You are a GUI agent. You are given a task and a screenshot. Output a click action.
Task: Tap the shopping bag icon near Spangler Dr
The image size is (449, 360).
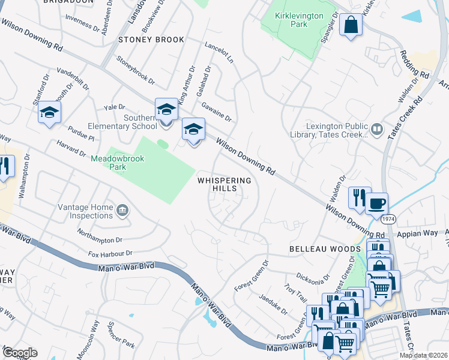(x=351, y=25)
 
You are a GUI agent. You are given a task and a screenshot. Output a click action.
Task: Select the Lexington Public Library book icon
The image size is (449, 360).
(x=376, y=128)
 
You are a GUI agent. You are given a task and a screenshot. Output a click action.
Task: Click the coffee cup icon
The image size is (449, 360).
(x=376, y=203)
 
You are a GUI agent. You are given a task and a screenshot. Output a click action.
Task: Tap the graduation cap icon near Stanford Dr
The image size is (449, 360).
(x=49, y=112)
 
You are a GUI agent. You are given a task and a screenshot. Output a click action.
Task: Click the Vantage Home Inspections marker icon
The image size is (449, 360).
(x=122, y=210)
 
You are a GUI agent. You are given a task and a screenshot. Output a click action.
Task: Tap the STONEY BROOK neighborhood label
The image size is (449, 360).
(x=142, y=40)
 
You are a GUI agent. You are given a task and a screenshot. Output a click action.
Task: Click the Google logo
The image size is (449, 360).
(x=20, y=352)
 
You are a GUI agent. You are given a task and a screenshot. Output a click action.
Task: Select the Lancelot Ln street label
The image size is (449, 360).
(x=218, y=52)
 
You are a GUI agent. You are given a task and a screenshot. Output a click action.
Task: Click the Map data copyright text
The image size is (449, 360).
(x=423, y=355)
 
